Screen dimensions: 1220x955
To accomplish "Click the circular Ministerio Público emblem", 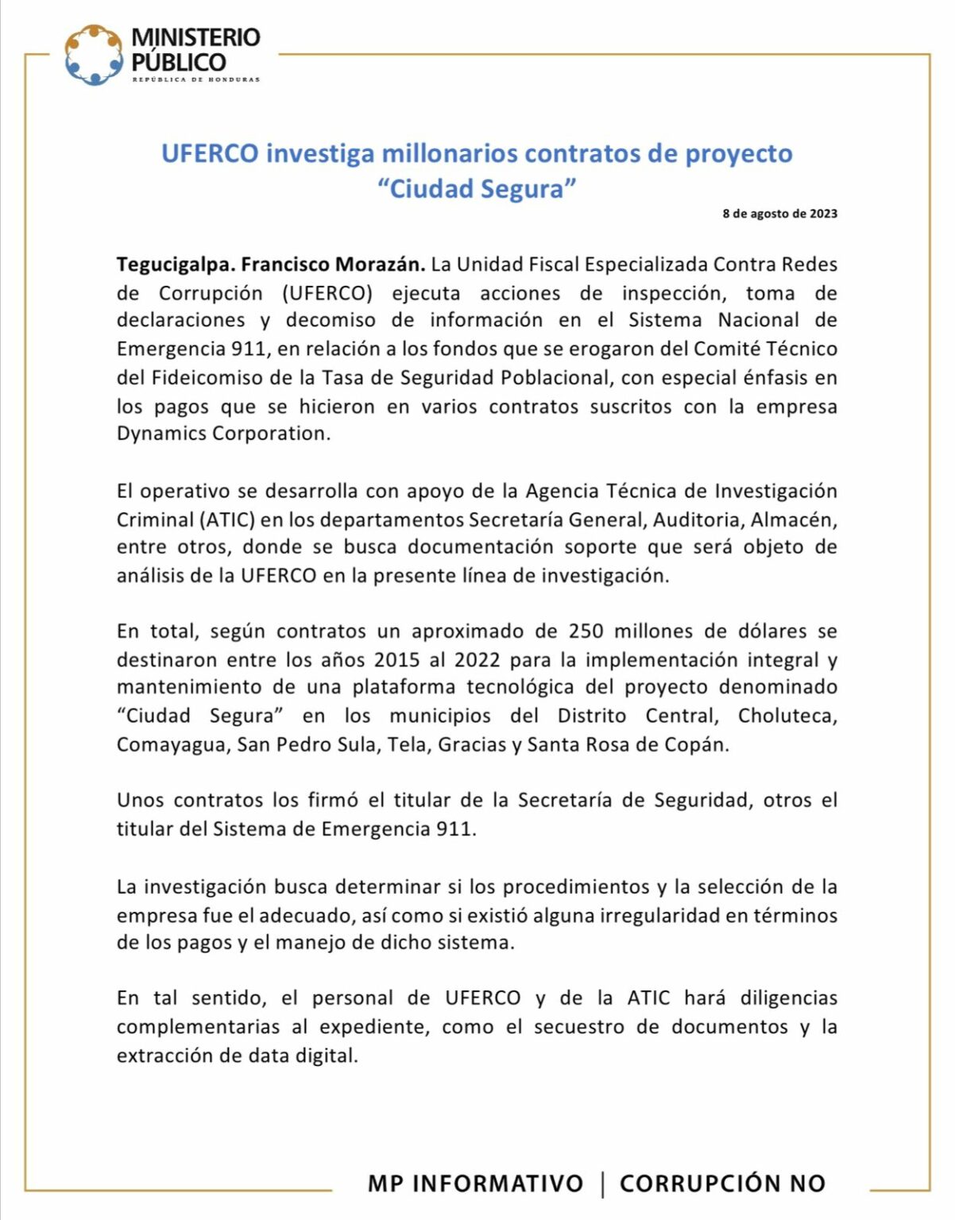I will point(94,55).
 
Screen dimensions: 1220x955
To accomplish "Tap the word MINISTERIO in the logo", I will point(195,37).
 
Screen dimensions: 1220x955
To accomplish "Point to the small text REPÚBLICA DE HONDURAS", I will point(195,79).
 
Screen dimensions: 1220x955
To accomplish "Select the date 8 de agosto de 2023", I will point(779,214).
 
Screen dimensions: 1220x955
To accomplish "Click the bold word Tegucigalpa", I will point(175,264).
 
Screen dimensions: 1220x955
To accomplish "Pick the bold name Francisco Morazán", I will point(333,264).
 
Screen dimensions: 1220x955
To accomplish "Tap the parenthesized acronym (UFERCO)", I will point(327,293).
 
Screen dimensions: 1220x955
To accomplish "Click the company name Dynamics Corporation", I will point(222,434).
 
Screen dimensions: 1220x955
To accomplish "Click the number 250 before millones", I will point(586,631).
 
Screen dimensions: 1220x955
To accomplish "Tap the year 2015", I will point(397,660).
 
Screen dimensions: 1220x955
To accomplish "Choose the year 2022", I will point(477,660).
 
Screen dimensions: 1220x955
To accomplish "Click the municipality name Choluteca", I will point(787,716).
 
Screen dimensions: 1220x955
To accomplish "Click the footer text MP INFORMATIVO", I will point(475,1183).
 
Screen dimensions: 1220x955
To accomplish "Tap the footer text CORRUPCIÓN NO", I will point(722,1183).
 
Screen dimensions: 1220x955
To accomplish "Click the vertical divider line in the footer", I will point(602,1183).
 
